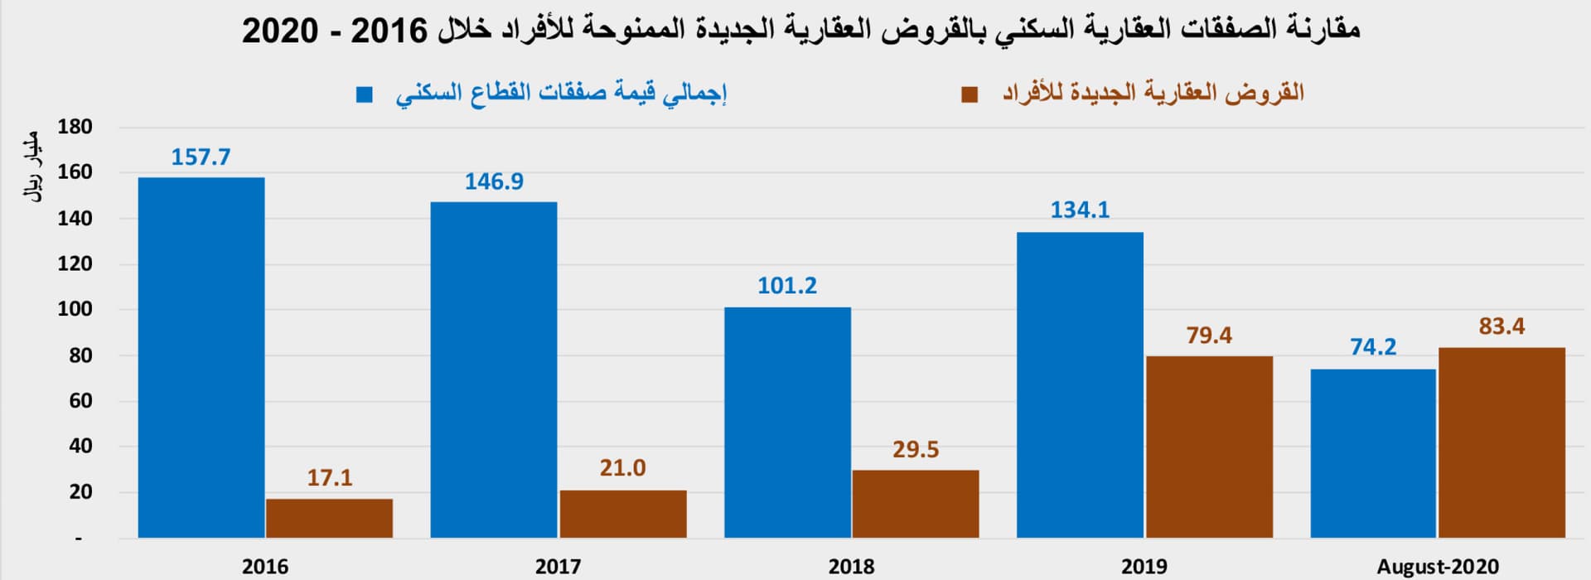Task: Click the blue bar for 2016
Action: pyautogui.click(x=201, y=357)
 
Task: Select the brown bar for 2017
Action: pyautogui.click(x=623, y=514)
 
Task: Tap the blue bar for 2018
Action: pyautogui.click(x=787, y=423)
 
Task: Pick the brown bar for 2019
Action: pyautogui.click(x=1209, y=447)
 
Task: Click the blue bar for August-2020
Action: pyautogui.click(x=1373, y=453)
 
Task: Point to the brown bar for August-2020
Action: pyautogui.click(x=1502, y=442)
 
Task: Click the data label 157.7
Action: pyautogui.click(x=201, y=157)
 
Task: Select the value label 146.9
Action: pyautogui.click(x=494, y=181)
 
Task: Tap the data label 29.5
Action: pyautogui.click(x=916, y=450)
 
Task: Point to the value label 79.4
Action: pyautogui.click(x=1209, y=336)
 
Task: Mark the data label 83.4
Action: pyautogui.click(x=1502, y=326)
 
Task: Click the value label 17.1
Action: pyautogui.click(x=330, y=478)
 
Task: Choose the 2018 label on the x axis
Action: pyautogui.click(x=851, y=567)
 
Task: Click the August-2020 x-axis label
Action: pyautogui.click(x=1438, y=567)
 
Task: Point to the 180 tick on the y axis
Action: pyautogui.click(x=75, y=128)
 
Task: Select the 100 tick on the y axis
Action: pyautogui.click(x=75, y=309)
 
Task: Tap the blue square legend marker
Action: pyautogui.click(x=365, y=94)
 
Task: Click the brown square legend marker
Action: pyautogui.click(x=970, y=94)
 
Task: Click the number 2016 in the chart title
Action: pyautogui.click(x=389, y=31)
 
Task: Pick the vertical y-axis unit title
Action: pyautogui.click(x=31, y=171)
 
